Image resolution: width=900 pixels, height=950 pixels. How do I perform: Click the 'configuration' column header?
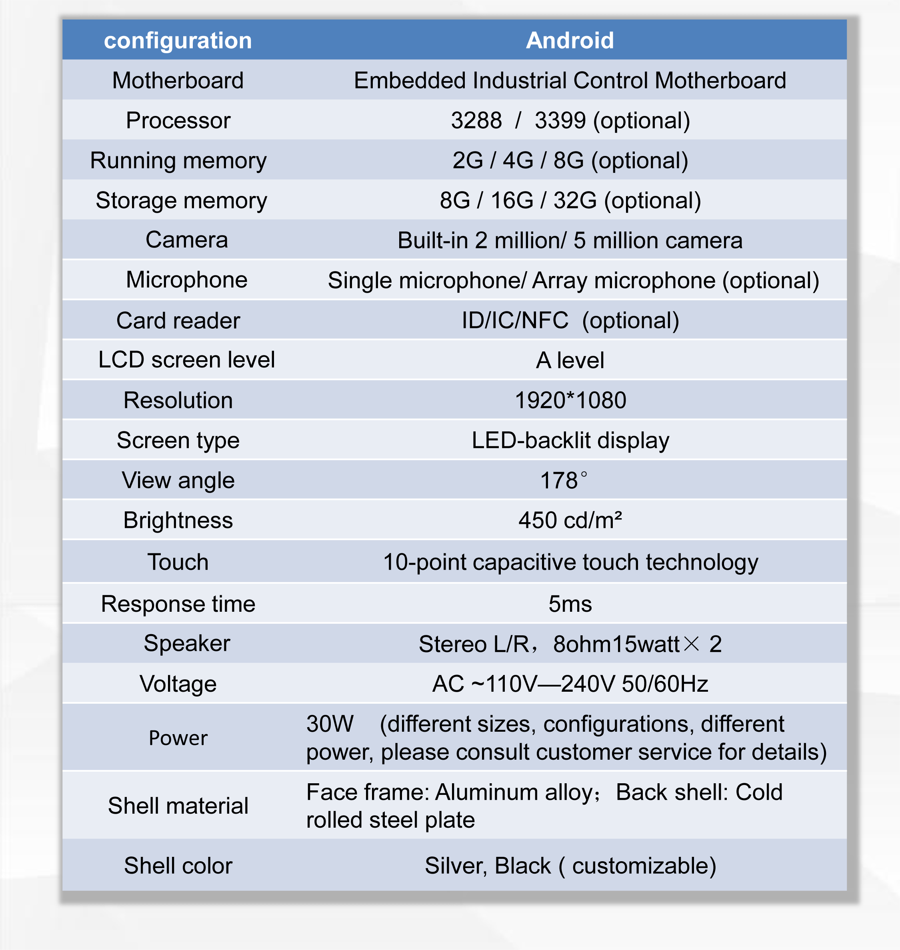click(x=178, y=41)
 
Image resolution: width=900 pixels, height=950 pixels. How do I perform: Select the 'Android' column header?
click(x=570, y=41)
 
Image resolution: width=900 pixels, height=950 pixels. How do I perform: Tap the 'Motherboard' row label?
click(x=178, y=80)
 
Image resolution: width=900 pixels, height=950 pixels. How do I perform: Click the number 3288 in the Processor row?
click(x=476, y=120)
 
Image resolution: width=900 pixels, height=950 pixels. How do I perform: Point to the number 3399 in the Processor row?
click(x=560, y=120)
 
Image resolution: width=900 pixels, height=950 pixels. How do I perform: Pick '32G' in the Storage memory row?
click(x=575, y=200)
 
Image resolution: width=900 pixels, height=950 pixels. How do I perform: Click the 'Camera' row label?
click(x=187, y=240)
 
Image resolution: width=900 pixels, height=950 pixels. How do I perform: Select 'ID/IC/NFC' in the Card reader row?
click(x=515, y=320)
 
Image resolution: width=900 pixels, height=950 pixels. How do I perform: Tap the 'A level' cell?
click(x=570, y=361)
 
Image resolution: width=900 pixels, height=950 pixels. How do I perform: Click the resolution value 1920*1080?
click(x=570, y=400)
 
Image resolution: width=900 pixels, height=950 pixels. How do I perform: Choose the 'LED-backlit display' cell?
click(x=570, y=440)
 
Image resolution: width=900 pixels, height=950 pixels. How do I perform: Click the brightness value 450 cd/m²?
click(x=570, y=520)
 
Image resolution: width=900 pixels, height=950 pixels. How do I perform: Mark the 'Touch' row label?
click(x=178, y=562)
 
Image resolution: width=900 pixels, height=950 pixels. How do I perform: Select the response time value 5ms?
click(x=570, y=604)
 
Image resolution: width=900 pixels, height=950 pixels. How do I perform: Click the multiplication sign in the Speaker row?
click(x=691, y=644)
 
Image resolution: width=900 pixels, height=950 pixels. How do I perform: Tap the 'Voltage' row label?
click(x=178, y=684)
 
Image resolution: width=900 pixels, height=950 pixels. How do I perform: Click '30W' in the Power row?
click(x=330, y=724)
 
